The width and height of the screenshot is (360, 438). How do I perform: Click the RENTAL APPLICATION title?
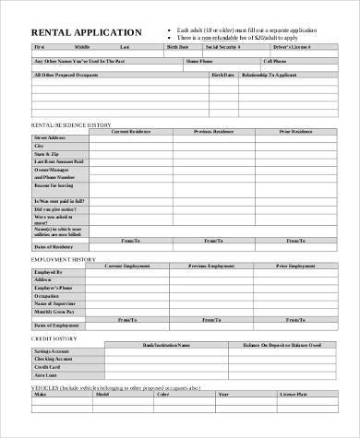click(x=80, y=31)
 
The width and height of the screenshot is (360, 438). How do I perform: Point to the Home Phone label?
click(x=198, y=61)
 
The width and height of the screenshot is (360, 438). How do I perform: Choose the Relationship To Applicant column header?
click(x=280, y=76)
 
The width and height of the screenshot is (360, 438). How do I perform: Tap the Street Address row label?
click(x=49, y=138)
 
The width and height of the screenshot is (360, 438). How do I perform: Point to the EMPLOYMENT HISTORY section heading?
click(x=66, y=260)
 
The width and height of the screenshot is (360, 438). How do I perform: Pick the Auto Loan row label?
click(x=45, y=375)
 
